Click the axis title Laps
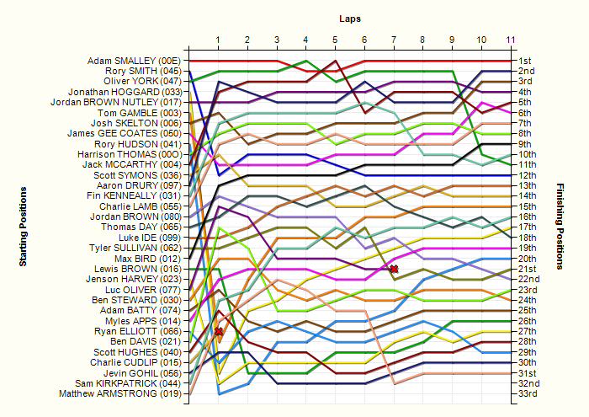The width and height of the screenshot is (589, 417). pyautogui.click(x=350, y=19)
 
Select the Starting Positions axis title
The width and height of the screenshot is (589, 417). pyautogui.click(x=23, y=227)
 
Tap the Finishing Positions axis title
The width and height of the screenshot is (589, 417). pyautogui.click(x=560, y=227)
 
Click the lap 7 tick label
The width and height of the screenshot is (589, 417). pyautogui.click(x=394, y=40)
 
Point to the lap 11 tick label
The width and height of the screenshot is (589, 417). pyautogui.click(x=511, y=40)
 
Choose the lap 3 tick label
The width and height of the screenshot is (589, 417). pyautogui.click(x=277, y=40)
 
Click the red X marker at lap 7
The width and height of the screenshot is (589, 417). pyautogui.click(x=394, y=269)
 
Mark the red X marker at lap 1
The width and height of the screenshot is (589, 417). pyautogui.click(x=218, y=331)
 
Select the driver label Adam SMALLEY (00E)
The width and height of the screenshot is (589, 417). pyautogui.click(x=134, y=61)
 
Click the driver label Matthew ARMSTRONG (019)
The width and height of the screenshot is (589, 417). pyautogui.click(x=120, y=393)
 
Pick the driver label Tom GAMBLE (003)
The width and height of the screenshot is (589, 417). pyautogui.click(x=140, y=113)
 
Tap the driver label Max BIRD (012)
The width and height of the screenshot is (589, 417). pyautogui.click(x=148, y=259)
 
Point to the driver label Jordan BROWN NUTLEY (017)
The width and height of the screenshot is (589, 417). pyautogui.click(x=116, y=102)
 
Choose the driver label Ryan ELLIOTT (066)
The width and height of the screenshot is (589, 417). pyautogui.click(x=138, y=331)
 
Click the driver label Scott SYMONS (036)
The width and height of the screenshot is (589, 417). pyautogui.click(x=137, y=175)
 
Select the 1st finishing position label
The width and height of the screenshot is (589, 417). pyautogui.click(x=525, y=61)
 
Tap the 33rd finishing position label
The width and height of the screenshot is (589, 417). pyautogui.click(x=528, y=393)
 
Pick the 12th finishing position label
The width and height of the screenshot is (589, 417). pyautogui.click(x=528, y=175)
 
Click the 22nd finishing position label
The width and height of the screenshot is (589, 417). pyautogui.click(x=529, y=279)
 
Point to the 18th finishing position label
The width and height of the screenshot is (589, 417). pyautogui.click(x=528, y=238)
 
